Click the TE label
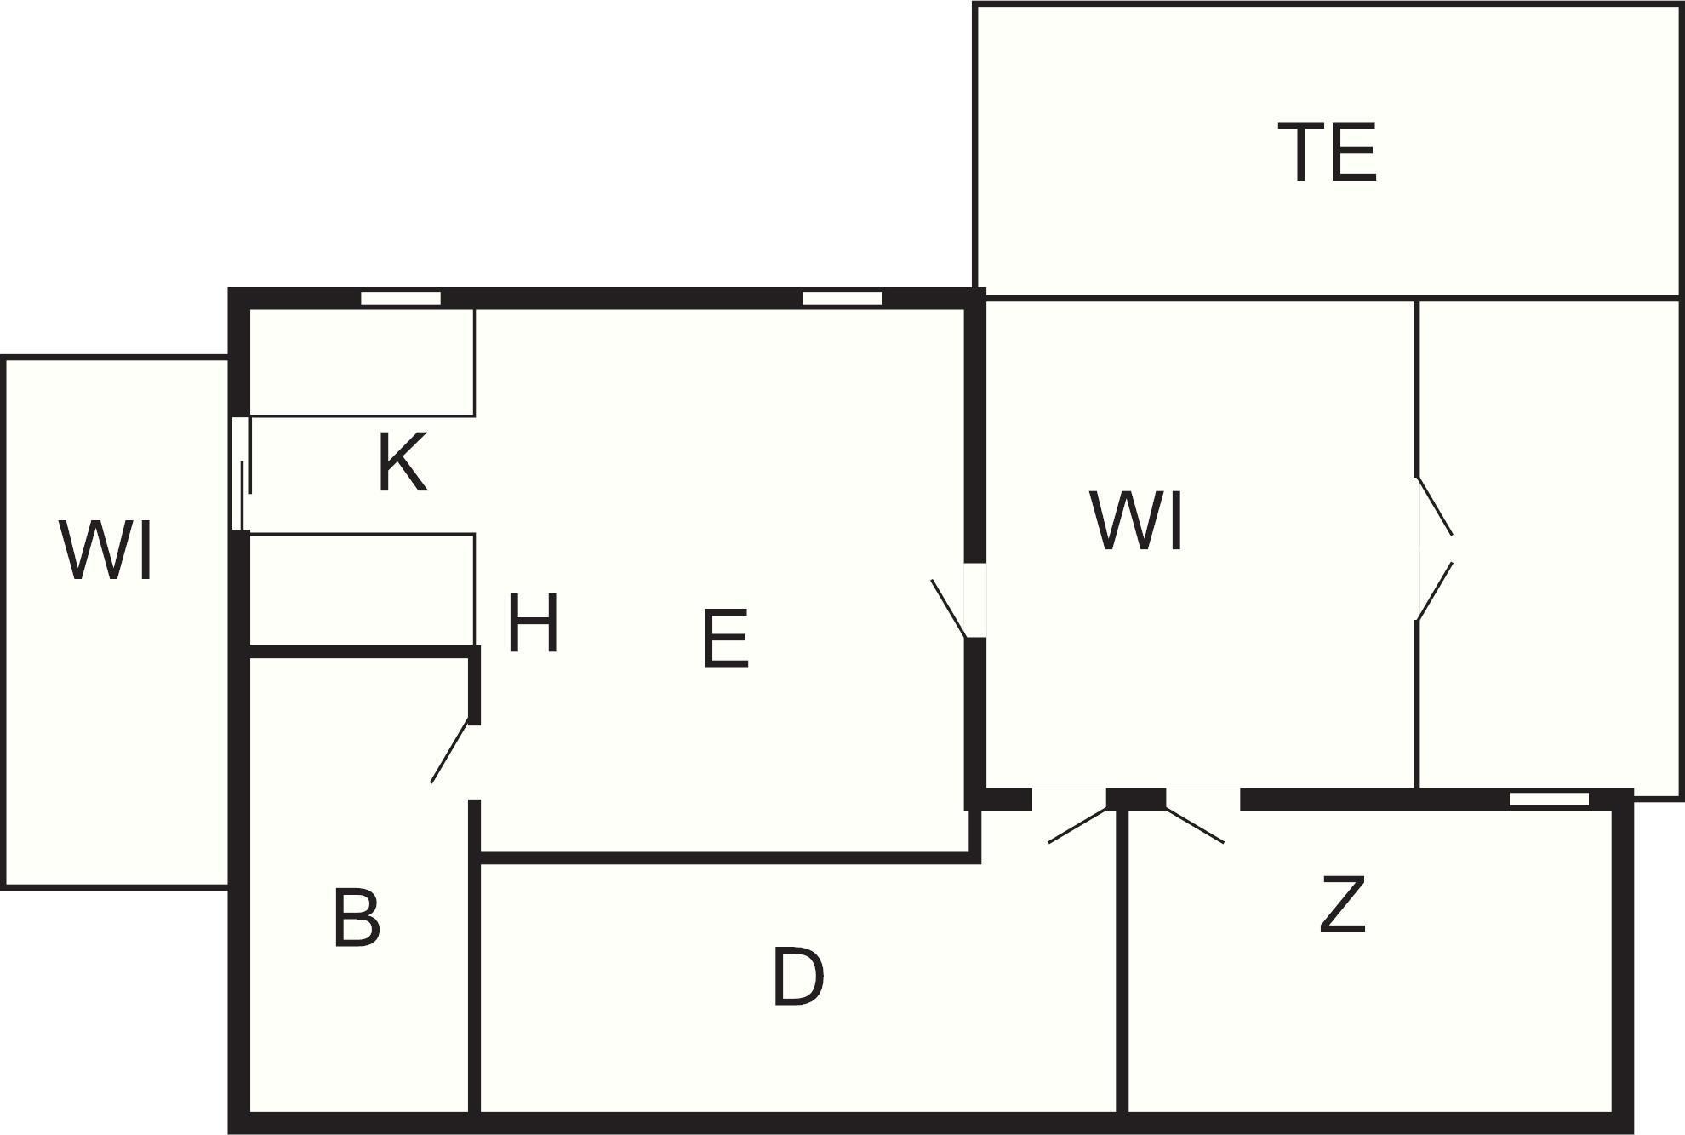click(x=1328, y=152)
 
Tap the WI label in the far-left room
click(x=106, y=551)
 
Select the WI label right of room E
click(x=1137, y=522)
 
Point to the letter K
click(x=402, y=462)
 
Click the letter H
click(x=533, y=623)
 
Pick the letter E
click(x=725, y=639)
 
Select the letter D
click(x=798, y=977)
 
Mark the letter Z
click(x=1343, y=904)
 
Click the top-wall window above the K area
click(x=401, y=298)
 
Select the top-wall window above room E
click(x=842, y=298)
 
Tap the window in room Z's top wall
click(x=1549, y=799)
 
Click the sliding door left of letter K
click(x=242, y=473)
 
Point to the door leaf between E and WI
click(x=949, y=608)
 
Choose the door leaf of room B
click(x=450, y=752)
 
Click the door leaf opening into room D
click(x=1081, y=824)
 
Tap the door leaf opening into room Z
click(x=1194, y=824)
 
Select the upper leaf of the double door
click(x=1434, y=506)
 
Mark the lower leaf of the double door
click(x=1434, y=590)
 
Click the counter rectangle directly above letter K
click(x=362, y=363)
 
